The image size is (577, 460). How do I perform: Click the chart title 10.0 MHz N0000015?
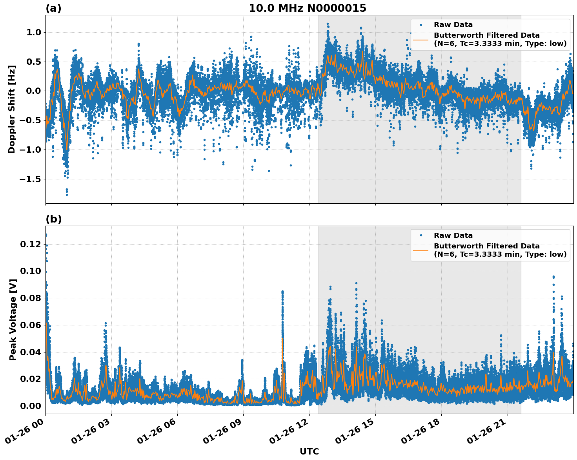tap(307, 8)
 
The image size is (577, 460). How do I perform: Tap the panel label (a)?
tap(53, 8)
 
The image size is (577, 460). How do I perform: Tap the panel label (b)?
tap(53, 219)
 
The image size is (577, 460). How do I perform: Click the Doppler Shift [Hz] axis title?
tap(12, 109)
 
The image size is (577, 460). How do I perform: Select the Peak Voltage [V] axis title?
tap(13, 319)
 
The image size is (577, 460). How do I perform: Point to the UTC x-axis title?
tap(309, 451)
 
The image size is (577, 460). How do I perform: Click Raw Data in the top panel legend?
tap(453, 25)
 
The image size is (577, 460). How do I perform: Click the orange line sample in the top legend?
tap(421, 39)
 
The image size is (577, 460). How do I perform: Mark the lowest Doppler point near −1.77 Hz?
tap(67, 194)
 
